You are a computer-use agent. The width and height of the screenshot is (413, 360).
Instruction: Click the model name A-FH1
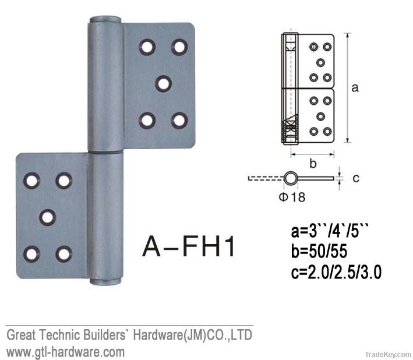point(189,246)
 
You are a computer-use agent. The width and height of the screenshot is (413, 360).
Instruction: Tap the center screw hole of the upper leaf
point(164,83)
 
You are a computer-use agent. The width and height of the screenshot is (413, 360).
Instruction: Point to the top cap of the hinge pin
point(105,19)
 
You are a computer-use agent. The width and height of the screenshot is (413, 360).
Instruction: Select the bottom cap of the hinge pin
point(105,283)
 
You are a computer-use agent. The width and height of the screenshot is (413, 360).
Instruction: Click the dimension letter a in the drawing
point(355,88)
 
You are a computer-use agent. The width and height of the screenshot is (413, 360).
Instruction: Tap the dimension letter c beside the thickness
point(356,178)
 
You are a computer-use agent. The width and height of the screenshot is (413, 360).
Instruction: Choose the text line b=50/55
point(322,252)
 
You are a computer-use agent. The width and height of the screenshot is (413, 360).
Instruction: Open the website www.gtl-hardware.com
point(65,351)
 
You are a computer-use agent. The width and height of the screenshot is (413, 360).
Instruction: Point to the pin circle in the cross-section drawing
point(290,178)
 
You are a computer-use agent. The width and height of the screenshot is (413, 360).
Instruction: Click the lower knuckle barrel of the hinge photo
point(105,216)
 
